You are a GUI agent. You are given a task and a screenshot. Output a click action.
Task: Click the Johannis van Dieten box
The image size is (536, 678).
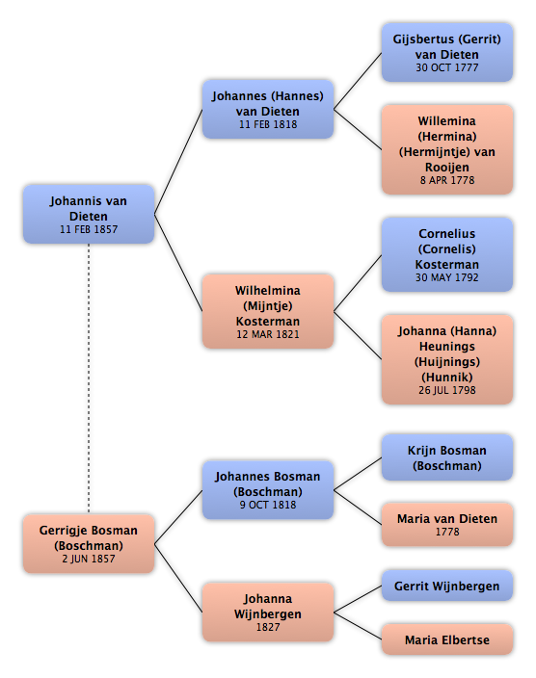click(x=89, y=214)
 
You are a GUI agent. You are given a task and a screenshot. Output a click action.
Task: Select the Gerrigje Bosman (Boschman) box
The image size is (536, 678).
click(x=89, y=543)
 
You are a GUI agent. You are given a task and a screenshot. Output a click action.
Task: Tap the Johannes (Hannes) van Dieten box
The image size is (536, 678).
click(x=268, y=109)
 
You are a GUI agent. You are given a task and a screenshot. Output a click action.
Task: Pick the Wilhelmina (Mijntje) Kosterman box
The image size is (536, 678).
click(x=268, y=311)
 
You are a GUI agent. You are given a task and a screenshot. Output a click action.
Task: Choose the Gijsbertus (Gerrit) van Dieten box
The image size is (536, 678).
click(x=447, y=52)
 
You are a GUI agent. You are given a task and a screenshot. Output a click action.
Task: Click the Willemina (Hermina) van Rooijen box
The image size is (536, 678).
click(x=447, y=149)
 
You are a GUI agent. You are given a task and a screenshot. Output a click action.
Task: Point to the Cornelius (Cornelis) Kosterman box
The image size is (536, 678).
click(x=447, y=254)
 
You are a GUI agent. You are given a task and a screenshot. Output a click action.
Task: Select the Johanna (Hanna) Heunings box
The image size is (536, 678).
click(x=447, y=360)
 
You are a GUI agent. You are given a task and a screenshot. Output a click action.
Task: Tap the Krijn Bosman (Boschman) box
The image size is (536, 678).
click(x=447, y=457)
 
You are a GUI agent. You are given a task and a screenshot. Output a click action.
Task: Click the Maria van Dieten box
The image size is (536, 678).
click(x=447, y=525)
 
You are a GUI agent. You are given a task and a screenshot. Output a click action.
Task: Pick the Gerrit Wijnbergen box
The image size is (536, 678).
click(x=447, y=586)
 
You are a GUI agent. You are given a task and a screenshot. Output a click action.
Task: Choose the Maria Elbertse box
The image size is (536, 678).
click(x=447, y=639)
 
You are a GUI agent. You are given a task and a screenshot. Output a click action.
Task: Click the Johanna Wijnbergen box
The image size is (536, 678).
click(x=268, y=612)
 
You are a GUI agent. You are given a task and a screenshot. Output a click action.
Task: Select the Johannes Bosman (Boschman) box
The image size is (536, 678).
click(x=268, y=490)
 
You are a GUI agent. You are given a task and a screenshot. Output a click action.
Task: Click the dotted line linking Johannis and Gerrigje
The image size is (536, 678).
click(x=89, y=378)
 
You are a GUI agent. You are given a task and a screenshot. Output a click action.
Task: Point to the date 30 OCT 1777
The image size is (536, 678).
click(x=447, y=67)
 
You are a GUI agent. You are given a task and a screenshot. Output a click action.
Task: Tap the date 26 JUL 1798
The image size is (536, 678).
click(x=447, y=390)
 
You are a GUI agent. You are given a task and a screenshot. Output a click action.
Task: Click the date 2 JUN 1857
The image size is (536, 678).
click(x=89, y=559)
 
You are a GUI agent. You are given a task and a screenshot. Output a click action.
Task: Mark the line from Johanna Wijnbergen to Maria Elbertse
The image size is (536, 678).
click(x=358, y=626)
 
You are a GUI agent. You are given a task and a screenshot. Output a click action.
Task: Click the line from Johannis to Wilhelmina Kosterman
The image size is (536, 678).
click(x=178, y=263)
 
